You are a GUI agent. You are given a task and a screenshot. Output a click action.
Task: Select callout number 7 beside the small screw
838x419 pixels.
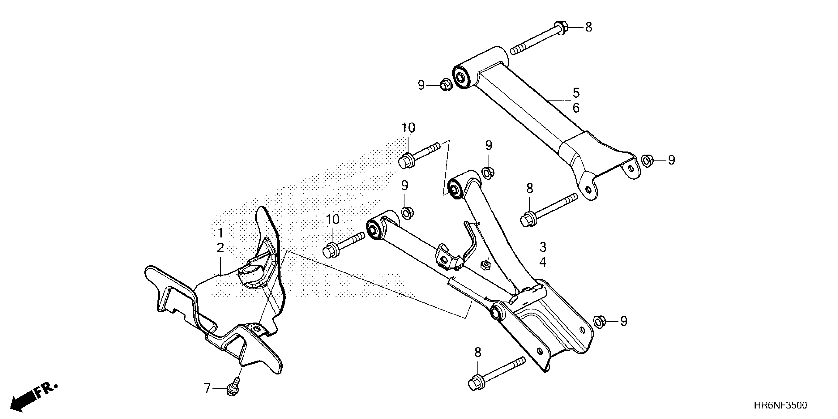click(x=208, y=388)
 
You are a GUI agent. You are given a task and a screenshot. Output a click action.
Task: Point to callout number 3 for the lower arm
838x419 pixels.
click(x=543, y=247)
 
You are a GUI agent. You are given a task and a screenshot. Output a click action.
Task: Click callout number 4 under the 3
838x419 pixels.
click(x=543, y=262)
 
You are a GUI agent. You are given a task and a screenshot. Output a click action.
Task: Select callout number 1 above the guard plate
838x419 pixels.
click(x=221, y=233)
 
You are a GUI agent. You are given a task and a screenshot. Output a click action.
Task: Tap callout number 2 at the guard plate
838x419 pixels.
click(x=221, y=248)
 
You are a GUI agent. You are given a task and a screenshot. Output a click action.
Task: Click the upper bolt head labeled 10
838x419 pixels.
click(x=406, y=161)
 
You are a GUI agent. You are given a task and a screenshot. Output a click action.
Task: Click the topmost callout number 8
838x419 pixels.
click(x=589, y=27)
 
